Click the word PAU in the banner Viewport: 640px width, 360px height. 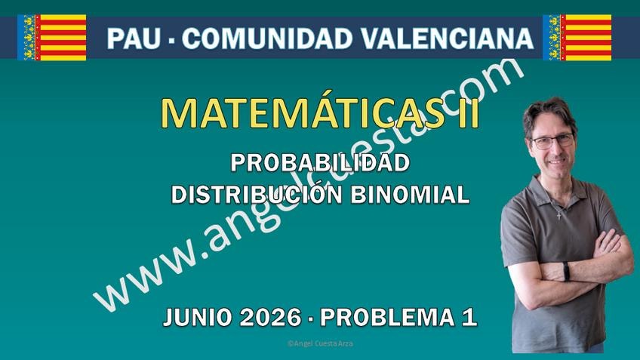[134, 38]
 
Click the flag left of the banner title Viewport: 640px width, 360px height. [52, 38]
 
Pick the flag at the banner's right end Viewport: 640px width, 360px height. [577, 38]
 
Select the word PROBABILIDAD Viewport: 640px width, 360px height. [320, 163]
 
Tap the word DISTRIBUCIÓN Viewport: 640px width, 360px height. [257, 194]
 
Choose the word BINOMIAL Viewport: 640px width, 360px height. [410, 195]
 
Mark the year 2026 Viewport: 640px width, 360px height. [271, 318]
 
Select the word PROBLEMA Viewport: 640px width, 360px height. [387, 318]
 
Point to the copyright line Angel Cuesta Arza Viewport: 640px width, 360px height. [320, 343]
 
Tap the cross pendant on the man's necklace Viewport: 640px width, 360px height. [559, 215]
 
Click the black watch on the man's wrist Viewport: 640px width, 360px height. [566, 271]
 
